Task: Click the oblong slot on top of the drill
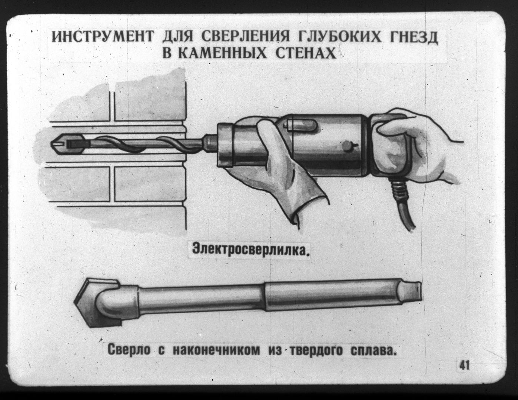[x=302, y=125]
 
